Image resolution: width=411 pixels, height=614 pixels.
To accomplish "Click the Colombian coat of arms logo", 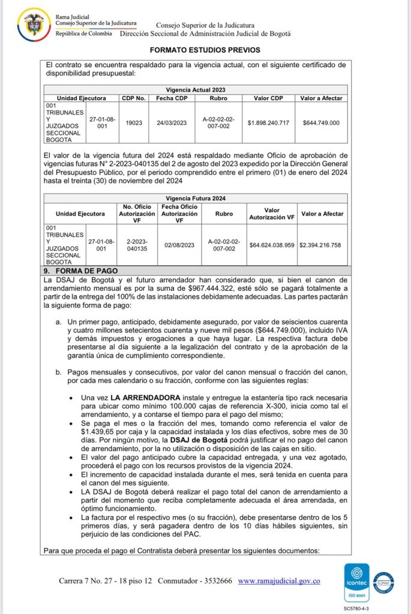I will click(x=34, y=23).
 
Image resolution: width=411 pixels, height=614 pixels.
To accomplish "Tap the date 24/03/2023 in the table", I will click(x=172, y=123).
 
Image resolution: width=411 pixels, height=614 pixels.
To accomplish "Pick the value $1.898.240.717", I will click(x=268, y=123).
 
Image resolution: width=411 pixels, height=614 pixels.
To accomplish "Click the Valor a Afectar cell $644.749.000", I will click(x=321, y=123).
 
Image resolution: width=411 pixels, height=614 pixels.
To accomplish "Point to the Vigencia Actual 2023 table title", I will click(x=196, y=89).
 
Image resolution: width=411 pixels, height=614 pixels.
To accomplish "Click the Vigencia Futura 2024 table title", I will click(x=196, y=197).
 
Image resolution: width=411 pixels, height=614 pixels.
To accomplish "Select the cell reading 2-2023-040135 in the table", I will click(x=137, y=244).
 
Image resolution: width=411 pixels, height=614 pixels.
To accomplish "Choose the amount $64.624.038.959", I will click(x=272, y=244).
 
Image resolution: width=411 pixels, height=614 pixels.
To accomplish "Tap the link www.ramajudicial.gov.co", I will click(x=278, y=581).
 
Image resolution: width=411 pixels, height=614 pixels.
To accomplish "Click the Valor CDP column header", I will click(x=268, y=98).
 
